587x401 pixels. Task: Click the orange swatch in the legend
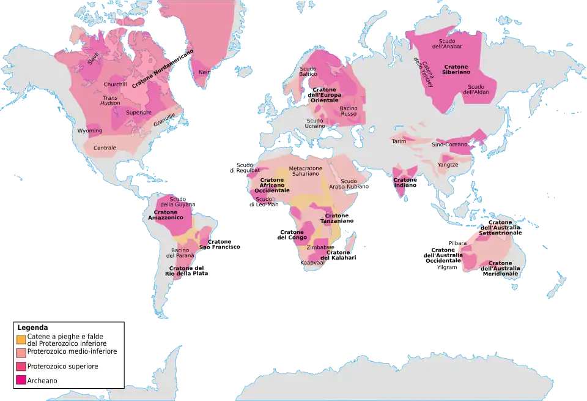coord(21,339)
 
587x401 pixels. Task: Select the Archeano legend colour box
coord(21,381)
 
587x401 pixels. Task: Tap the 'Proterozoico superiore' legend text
coord(62,366)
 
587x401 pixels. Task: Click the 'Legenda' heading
coord(32,328)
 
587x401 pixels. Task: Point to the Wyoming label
coord(90,131)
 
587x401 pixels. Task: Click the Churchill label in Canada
coord(115,84)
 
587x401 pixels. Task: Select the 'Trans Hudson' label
coord(111,100)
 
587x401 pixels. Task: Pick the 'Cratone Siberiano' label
coord(456,69)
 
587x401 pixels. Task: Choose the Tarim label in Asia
coord(399,141)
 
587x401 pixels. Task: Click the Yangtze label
coord(448,164)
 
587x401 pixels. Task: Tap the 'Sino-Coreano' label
coord(449,144)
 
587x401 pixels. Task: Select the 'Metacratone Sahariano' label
coord(305,171)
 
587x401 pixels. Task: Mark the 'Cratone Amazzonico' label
coord(166,215)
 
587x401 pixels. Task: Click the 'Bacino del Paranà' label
coord(180,253)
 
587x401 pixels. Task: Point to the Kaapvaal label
coord(312,263)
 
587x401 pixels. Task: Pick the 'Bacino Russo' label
coord(349,111)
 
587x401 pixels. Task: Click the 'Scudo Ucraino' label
coord(316,123)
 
